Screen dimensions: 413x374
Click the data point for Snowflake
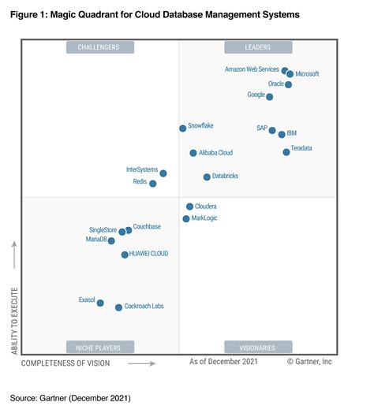point(182,128)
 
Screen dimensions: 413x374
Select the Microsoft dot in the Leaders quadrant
point(290,74)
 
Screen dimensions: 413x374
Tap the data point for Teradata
point(286,151)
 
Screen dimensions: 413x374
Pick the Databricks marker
point(207,177)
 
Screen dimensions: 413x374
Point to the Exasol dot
point(100,303)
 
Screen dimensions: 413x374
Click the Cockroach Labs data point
point(118,307)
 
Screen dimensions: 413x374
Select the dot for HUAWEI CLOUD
point(125,255)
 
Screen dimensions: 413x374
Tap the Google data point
point(270,97)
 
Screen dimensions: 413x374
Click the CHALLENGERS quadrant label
point(99,47)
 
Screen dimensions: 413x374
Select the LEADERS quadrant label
point(258,47)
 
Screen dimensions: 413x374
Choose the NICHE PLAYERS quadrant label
point(99,347)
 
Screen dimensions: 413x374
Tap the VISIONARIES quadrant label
point(258,347)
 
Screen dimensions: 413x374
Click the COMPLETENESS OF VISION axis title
point(65,363)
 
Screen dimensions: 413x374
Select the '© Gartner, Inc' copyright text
point(309,363)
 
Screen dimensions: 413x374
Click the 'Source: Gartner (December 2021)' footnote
point(70,398)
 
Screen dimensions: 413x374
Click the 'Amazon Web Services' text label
point(252,70)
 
